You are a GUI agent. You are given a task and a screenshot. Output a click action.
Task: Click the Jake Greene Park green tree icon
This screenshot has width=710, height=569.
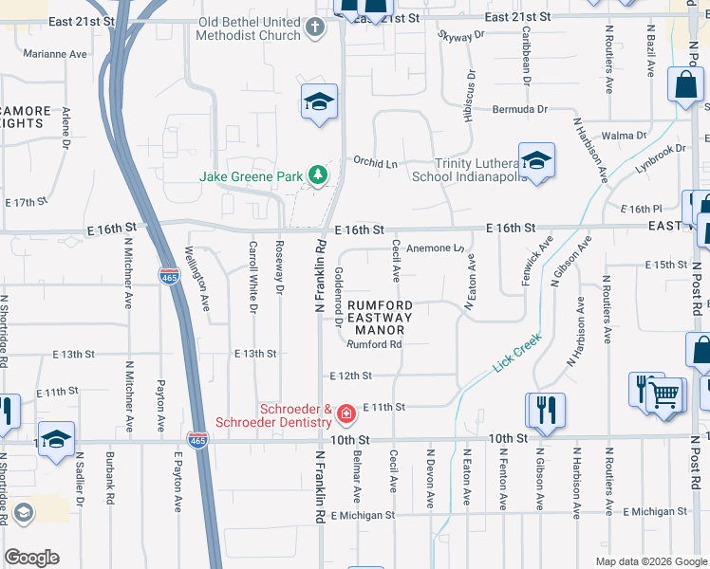[x=317, y=175]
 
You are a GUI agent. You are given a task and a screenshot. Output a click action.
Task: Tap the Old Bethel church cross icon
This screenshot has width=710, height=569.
[x=316, y=28]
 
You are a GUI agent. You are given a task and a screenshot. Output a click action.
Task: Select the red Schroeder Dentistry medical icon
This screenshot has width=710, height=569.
[x=346, y=413]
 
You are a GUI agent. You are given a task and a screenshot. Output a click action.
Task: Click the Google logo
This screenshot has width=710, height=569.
[x=30, y=558]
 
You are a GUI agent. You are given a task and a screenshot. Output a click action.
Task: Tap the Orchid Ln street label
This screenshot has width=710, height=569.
[x=375, y=162]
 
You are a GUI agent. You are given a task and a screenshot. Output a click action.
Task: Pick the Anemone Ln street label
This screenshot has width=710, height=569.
[x=434, y=249]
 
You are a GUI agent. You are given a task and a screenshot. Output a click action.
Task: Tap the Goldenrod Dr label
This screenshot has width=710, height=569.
[x=338, y=295]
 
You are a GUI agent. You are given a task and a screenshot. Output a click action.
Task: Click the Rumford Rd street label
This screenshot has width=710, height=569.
[x=374, y=345]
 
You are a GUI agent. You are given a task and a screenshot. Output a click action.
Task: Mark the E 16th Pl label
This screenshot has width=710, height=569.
[x=641, y=209]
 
